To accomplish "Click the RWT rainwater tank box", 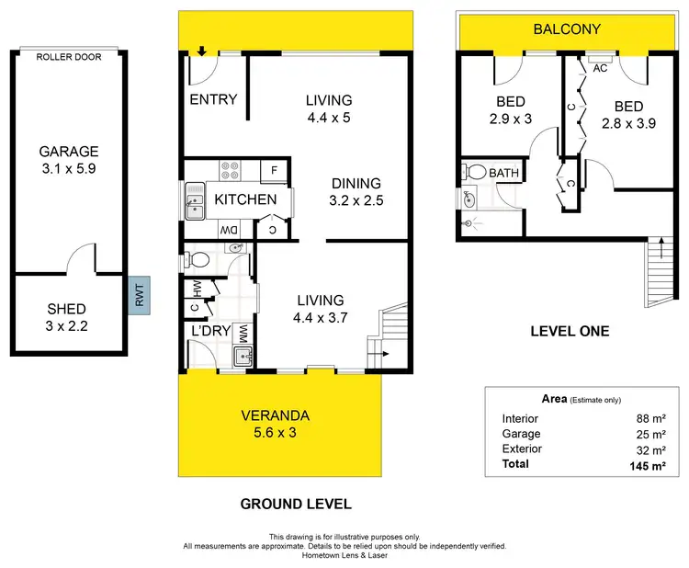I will coord(139,295).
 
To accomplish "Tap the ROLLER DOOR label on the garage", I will coord(68,57).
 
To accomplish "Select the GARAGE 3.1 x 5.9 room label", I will coord(68,160).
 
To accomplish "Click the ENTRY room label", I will coord(213,99).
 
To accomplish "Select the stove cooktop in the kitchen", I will coord(230,170).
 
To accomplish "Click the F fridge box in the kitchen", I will coord(274,170).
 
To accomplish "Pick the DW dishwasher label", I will coord(228,229).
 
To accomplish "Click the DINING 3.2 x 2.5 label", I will coord(355,191).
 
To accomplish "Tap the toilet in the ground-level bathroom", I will coord(196,259).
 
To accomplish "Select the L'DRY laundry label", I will coord(209,330).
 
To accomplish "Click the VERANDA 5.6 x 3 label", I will coord(277,422).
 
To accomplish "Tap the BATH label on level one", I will coord(503,173).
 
